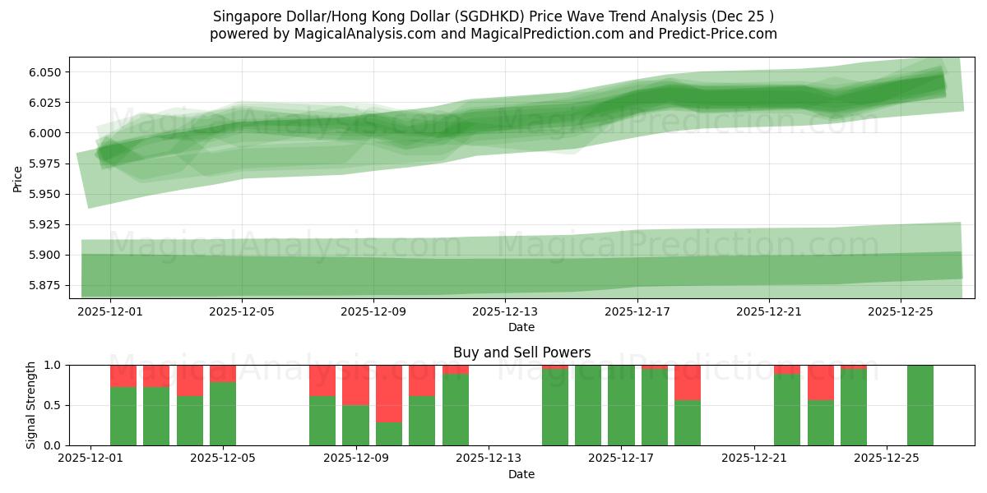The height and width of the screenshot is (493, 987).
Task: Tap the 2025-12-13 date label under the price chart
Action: click(x=505, y=312)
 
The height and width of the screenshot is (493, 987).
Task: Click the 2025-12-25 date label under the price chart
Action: click(x=901, y=312)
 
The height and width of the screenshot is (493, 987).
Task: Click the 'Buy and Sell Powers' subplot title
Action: click(x=521, y=353)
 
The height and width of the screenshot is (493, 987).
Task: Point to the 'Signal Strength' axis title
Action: click(x=30, y=405)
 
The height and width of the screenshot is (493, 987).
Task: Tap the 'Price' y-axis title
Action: click(x=18, y=177)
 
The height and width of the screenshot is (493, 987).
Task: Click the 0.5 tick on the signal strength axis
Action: click(x=51, y=405)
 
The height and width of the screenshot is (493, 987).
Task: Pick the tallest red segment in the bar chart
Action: click(x=389, y=394)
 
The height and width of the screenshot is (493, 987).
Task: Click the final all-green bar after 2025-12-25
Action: click(x=920, y=405)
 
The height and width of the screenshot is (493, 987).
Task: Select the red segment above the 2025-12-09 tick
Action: click(x=356, y=385)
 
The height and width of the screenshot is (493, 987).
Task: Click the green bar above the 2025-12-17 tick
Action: click(x=621, y=405)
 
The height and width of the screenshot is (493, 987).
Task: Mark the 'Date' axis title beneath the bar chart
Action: click(x=521, y=474)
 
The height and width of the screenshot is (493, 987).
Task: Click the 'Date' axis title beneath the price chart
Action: click(x=521, y=327)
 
